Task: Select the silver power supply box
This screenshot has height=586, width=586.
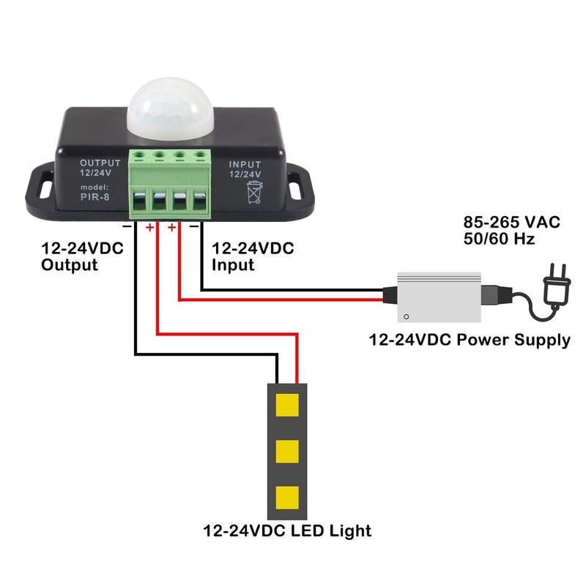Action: [439, 297]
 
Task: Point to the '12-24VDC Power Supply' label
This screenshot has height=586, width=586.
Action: [470, 340]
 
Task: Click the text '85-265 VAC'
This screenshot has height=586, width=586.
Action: [512, 222]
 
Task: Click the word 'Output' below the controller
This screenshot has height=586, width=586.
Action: [70, 264]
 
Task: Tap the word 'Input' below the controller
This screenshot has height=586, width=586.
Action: [233, 264]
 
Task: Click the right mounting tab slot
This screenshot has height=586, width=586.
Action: [297, 186]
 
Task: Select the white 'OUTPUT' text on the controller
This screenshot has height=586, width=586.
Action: [100, 163]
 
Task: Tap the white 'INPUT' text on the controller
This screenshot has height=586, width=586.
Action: [245, 165]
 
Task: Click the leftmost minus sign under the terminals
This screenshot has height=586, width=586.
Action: [127, 227]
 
